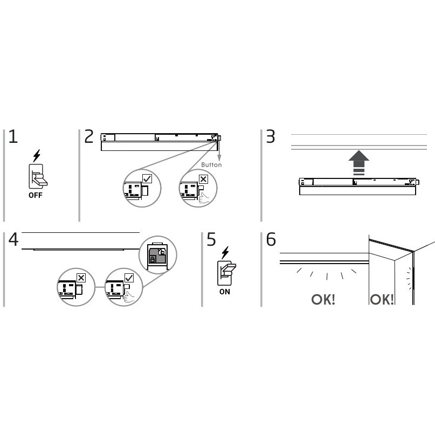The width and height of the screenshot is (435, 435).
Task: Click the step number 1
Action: [x=13, y=136]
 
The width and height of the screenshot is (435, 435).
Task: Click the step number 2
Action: [x=89, y=136]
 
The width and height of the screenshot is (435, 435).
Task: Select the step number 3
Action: [x=271, y=136]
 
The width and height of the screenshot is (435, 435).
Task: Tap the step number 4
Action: [x=13, y=239]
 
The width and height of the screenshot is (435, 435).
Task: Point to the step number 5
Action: [x=211, y=239]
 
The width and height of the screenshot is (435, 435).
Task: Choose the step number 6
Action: [x=271, y=239]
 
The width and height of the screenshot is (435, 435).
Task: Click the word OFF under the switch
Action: [x=36, y=195]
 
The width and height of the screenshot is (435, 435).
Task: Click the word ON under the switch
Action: [x=225, y=292]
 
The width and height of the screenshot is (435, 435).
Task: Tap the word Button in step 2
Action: [x=211, y=165]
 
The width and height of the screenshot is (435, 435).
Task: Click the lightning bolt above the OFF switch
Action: [x=37, y=156]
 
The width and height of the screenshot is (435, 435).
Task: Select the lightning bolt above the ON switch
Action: [x=225, y=252]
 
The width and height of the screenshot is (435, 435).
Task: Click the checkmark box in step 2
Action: [x=147, y=178]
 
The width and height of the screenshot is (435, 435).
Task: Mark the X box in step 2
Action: [x=203, y=179]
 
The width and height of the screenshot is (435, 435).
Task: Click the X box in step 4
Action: [x=81, y=278]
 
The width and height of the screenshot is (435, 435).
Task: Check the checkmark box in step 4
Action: [x=129, y=278]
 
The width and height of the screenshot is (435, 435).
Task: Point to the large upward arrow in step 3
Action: [x=358, y=163]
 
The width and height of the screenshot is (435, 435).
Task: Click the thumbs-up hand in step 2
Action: [x=204, y=198]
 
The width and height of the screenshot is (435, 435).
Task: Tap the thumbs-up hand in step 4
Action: [x=129, y=297]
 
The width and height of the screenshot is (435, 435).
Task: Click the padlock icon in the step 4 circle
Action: [x=153, y=260]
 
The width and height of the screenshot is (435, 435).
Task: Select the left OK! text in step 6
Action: [x=323, y=300]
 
